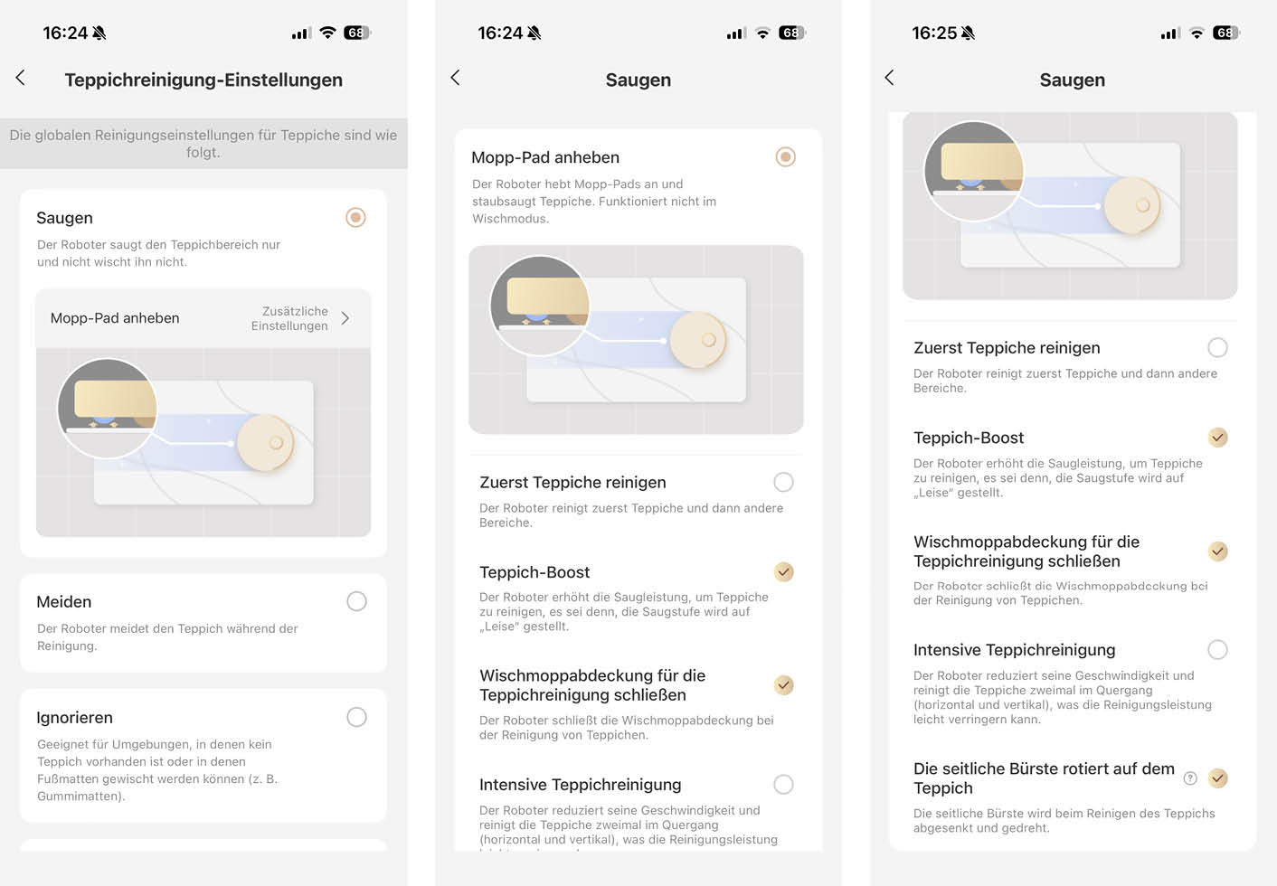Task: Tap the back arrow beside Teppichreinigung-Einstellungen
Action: tap(21, 78)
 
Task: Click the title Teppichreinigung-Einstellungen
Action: tap(203, 80)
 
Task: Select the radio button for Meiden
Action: tap(357, 601)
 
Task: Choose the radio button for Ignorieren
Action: tap(357, 717)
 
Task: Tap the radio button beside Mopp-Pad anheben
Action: tap(786, 156)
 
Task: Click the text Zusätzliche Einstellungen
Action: tap(289, 318)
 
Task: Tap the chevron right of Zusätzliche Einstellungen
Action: tap(345, 318)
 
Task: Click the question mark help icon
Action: tap(1190, 778)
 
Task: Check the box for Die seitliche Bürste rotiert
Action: tap(1217, 778)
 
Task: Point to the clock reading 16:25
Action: tap(934, 33)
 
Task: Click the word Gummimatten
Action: tap(79, 796)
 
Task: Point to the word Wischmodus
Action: tap(509, 219)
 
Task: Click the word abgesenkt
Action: tap(941, 828)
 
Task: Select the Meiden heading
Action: tap(64, 602)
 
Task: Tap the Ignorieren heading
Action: tap(75, 717)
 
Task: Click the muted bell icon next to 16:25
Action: tap(968, 33)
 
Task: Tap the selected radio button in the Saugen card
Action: tap(355, 217)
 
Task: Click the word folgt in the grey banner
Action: tap(202, 152)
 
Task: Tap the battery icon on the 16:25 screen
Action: tap(1226, 33)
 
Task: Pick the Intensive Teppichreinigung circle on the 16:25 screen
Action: tap(1217, 649)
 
